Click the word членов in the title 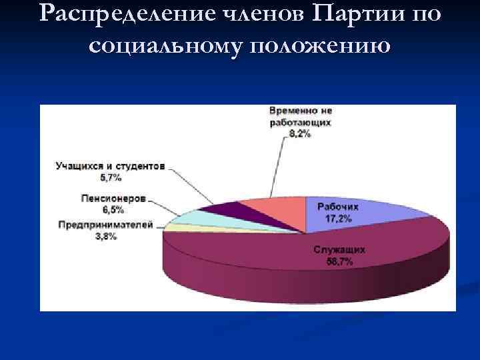tap(232, 14)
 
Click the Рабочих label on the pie tap(337, 207)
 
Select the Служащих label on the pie tap(339, 250)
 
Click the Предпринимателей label tap(105, 225)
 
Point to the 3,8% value tap(105, 236)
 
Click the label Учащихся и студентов tap(110, 167)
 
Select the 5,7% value tap(110, 177)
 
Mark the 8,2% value tap(301, 134)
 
